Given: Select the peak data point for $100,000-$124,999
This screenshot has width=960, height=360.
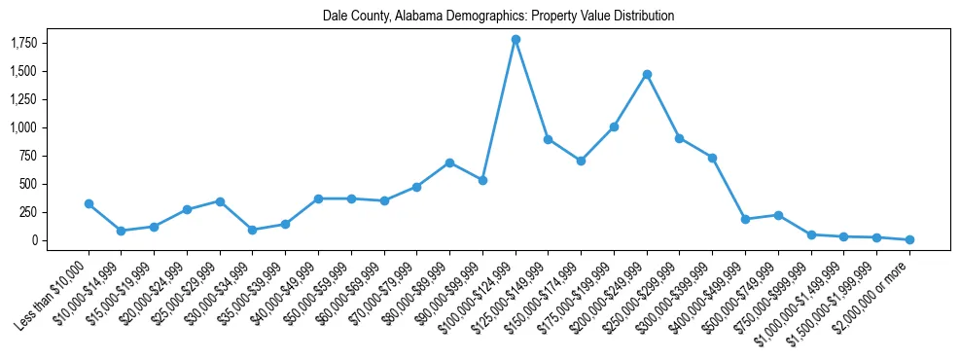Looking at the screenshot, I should pyautogui.click(x=516, y=40).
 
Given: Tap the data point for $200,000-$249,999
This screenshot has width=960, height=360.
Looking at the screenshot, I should pyautogui.click(x=647, y=74).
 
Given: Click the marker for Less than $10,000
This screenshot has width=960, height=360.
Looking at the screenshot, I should pyautogui.click(x=89, y=203).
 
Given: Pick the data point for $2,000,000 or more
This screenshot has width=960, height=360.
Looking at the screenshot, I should pyautogui.click(x=909, y=239).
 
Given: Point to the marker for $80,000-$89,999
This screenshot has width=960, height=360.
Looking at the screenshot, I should pyautogui.click(x=449, y=162).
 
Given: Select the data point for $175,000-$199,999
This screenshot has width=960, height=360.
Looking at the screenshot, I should pyautogui.click(x=614, y=126).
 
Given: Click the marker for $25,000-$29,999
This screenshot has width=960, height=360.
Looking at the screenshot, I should pyautogui.click(x=220, y=201).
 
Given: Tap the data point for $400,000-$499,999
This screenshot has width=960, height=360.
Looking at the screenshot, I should pyautogui.click(x=745, y=219).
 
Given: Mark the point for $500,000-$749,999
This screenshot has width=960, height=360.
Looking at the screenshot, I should pyautogui.click(x=778, y=215).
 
